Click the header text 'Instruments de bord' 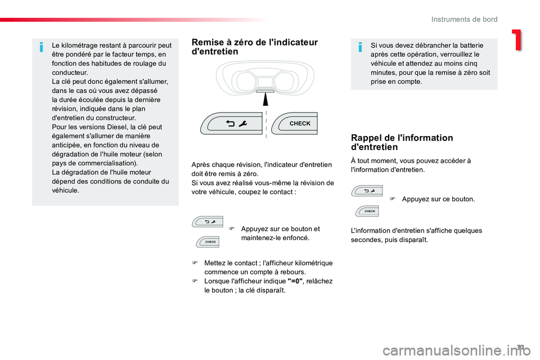(464, 19)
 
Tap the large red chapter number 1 (517, 40)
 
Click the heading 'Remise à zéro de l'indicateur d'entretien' (254, 47)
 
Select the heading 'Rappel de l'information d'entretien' (402, 142)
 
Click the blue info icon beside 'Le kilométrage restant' (42, 47)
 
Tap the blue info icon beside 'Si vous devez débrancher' (360, 47)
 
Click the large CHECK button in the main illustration (294, 123)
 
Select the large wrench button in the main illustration (231, 123)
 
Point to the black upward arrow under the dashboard (266, 100)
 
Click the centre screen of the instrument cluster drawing (265, 83)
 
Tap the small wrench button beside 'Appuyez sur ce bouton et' (208, 222)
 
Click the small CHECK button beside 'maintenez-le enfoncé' (208, 242)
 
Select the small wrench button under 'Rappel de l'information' (367, 191)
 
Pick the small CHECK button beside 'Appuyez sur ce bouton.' (367, 211)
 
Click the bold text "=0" (295, 281)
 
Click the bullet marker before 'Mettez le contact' (195, 263)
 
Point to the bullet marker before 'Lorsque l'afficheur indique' (195, 281)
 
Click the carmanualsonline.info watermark (457, 350)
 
